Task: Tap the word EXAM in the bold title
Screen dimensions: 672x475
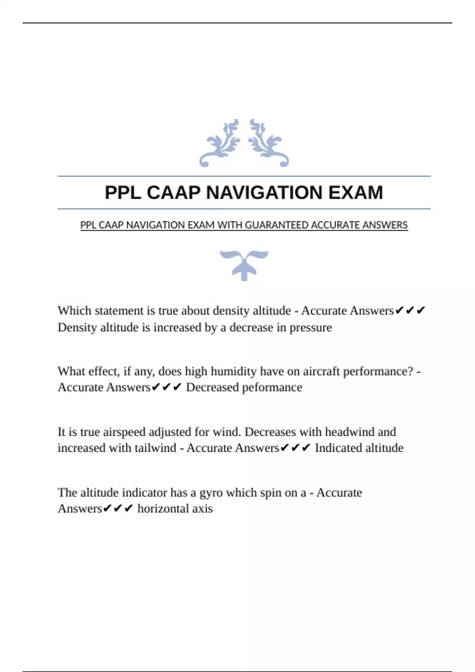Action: coord(355,193)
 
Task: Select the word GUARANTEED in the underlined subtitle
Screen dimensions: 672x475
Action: coord(277,225)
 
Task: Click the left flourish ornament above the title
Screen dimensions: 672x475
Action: coord(220,143)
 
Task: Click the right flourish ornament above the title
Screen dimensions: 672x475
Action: coord(268,143)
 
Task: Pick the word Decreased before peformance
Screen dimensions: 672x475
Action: coord(212,387)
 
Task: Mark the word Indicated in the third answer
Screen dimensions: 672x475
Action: coord(338,448)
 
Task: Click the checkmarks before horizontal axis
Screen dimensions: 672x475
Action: coord(118,509)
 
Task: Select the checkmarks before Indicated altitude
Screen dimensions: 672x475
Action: coord(295,448)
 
